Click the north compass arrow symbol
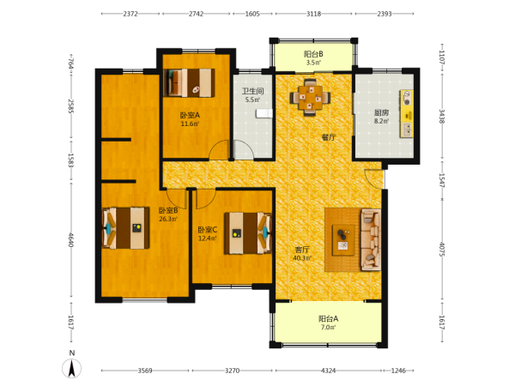point(71,368)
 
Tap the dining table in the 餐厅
point(310,98)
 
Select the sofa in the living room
point(371,239)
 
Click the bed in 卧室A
point(190,82)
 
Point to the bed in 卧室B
point(125,228)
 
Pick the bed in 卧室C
point(248,233)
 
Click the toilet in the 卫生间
point(264,113)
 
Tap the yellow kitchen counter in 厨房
point(407,113)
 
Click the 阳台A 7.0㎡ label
point(328,323)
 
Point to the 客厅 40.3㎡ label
point(302,254)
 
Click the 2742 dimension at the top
point(196,14)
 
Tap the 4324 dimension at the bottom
point(328,371)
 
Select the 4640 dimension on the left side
point(71,240)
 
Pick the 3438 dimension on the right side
point(442,116)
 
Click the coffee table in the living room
point(343,240)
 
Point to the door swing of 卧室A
point(220,149)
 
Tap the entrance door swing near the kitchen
point(374,179)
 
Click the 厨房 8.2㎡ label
point(381,117)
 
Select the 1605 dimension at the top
point(252,14)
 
